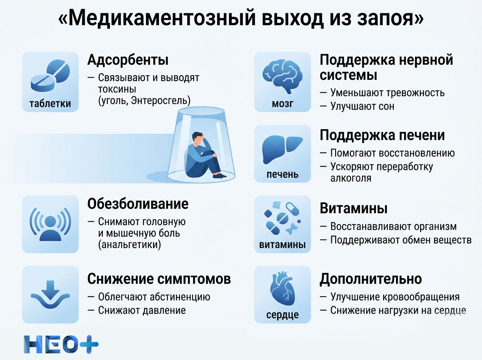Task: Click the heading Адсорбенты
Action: pyautogui.click(x=128, y=60)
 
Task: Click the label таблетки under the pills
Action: pyautogui.click(x=50, y=104)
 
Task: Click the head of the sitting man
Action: pyautogui.click(x=197, y=139)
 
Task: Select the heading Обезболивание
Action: pyautogui.click(x=138, y=204)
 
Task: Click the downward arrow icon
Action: pyautogui.click(x=50, y=291)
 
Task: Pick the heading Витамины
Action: pyautogui.click(x=353, y=209)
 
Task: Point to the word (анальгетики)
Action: pyautogui.click(x=129, y=245)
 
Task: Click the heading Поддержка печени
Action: pyautogui.click(x=382, y=136)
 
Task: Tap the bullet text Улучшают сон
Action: pyautogui.click(x=362, y=106)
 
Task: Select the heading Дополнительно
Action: pyautogui.click(x=370, y=279)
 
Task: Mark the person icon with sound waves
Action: pyautogui.click(x=50, y=224)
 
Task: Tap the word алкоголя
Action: pyautogui.click(x=351, y=178)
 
